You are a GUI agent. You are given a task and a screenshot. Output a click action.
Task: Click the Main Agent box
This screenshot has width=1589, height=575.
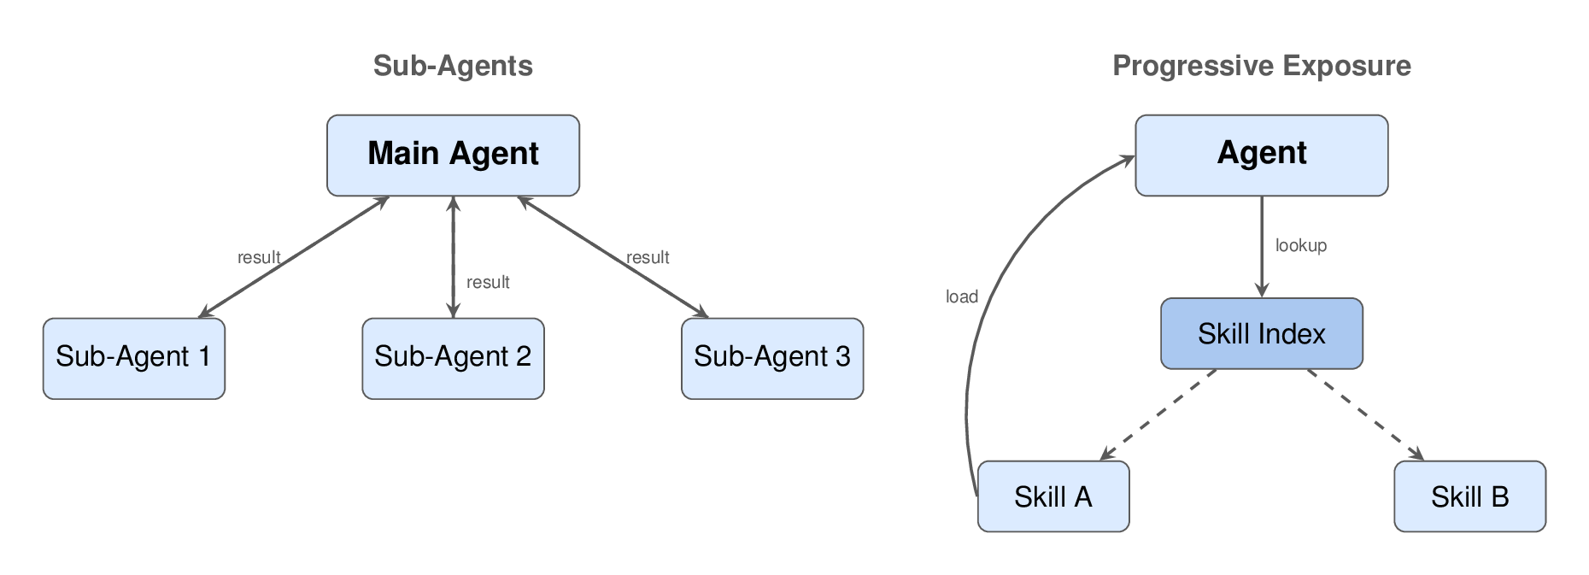point(453,155)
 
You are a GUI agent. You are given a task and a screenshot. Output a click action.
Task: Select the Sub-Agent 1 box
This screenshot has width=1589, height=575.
point(134,358)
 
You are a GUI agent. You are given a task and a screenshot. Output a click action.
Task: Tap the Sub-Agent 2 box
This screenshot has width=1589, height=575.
point(453,358)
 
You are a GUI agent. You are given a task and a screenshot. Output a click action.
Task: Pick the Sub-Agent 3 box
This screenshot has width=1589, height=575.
point(772,358)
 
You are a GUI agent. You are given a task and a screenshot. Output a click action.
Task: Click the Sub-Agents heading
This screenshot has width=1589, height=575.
point(453,66)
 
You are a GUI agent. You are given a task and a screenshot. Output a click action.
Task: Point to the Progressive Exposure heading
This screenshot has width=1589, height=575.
point(1261,66)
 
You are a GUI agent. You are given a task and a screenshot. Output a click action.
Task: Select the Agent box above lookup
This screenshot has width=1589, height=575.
point(1261,155)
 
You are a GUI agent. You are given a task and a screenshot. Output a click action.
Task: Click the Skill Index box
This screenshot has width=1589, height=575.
point(1261,333)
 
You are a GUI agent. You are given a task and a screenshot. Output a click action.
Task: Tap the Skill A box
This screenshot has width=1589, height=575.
point(1052,496)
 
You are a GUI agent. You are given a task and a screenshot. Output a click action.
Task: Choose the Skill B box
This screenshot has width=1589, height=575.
point(1469,496)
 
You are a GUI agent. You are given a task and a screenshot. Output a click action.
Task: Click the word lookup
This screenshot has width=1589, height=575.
point(1300,246)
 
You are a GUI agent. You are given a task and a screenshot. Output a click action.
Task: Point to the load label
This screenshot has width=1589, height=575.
point(961,296)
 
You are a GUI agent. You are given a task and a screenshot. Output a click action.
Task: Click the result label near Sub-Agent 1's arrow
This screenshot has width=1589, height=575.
point(258,257)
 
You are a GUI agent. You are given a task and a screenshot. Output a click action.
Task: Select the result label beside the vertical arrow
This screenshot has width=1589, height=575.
point(488,282)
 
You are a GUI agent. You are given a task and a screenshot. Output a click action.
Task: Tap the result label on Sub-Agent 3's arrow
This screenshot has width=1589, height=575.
point(647,257)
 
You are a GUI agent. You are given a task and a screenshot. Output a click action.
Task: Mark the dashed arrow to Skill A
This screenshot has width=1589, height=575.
point(1158,414)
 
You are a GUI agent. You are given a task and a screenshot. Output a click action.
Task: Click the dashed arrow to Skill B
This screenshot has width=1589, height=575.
point(1365,414)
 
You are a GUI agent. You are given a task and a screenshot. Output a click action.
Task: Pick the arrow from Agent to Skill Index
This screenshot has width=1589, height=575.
point(1262,248)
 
